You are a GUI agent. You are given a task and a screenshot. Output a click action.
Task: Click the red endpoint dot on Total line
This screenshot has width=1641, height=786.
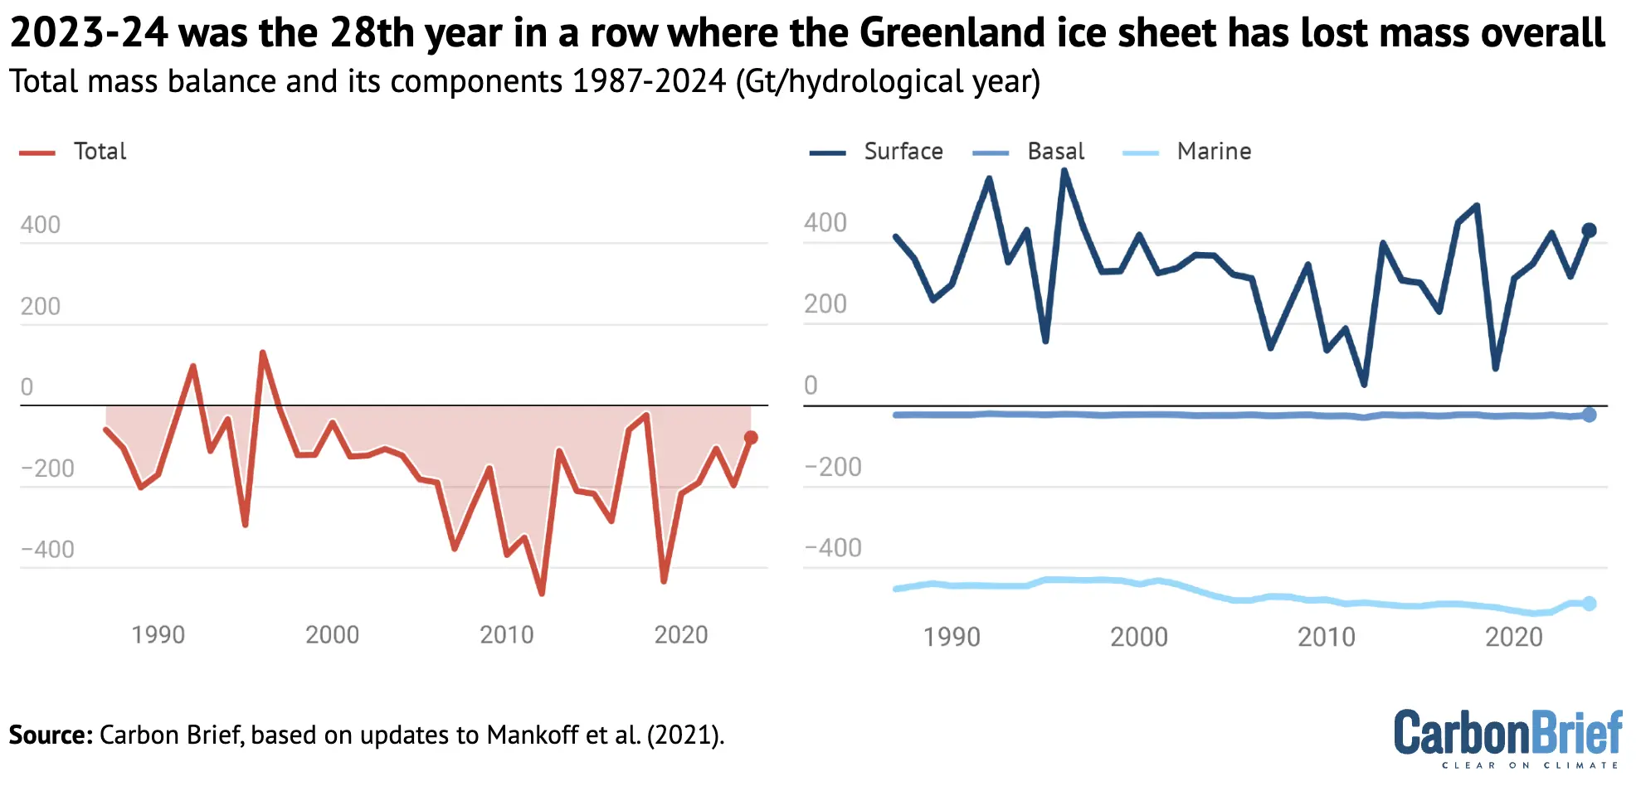click(751, 438)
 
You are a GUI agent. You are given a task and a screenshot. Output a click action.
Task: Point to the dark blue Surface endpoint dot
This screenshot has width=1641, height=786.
click(1589, 230)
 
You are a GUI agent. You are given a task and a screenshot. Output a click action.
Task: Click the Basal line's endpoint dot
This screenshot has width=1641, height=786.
click(1589, 415)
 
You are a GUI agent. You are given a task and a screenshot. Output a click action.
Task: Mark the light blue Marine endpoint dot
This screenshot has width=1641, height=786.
click(1589, 604)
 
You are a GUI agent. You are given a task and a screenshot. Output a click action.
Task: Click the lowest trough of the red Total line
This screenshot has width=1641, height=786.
click(542, 593)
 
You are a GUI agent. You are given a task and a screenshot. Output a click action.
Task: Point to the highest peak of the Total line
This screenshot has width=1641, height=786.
click(263, 353)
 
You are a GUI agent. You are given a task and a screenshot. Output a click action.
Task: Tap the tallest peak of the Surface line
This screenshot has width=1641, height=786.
click(1064, 172)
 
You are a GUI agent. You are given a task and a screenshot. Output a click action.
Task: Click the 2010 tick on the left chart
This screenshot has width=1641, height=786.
click(506, 635)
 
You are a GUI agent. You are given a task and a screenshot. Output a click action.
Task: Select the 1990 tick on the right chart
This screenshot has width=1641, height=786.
click(952, 637)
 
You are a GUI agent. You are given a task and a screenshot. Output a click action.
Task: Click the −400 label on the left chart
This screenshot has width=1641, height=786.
click(48, 550)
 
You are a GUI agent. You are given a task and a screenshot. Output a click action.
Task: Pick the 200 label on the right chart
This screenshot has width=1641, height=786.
click(825, 304)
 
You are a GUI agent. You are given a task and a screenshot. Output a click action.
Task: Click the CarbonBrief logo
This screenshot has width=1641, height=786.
click(1507, 736)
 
